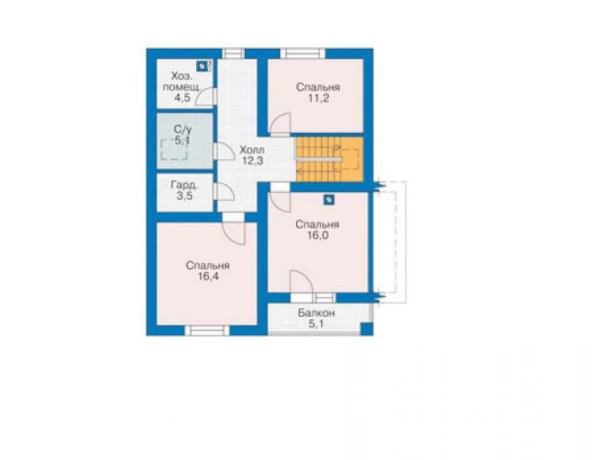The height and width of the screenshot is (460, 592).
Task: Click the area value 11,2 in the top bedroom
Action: click(x=318, y=98)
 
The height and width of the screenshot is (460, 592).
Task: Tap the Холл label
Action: click(x=252, y=150)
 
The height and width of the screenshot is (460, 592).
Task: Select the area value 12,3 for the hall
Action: click(x=253, y=161)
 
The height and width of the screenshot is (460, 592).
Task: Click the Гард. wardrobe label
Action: click(x=185, y=185)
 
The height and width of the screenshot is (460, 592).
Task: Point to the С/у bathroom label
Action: click(x=182, y=129)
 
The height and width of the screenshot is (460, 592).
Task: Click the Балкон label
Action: click(x=316, y=313)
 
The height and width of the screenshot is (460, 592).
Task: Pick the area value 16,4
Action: click(x=208, y=276)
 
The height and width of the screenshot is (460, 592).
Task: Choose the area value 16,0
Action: click(x=318, y=235)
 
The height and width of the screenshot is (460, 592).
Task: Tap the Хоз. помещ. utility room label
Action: click(x=182, y=82)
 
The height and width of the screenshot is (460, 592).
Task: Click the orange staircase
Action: click(x=329, y=159)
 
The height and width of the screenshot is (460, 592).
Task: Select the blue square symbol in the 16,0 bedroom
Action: click(x=329, y=199)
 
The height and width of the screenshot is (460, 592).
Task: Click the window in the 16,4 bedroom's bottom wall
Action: click(x=207, y=330)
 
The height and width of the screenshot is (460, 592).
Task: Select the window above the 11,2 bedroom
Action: click(x=302, y=54)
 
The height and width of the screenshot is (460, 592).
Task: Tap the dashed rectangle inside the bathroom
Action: click(x=174, y=150)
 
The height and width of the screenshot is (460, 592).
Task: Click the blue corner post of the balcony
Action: click(x=366, y=329)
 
